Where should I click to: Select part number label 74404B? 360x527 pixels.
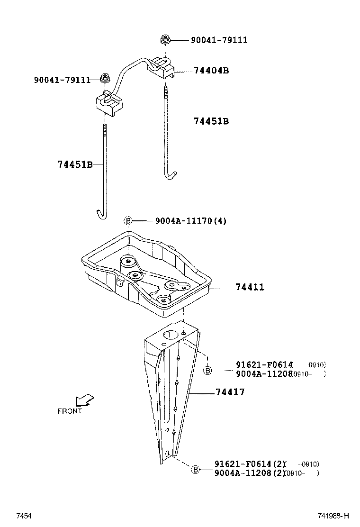click(211, 71)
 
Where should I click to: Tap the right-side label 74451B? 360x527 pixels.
click(211, 121)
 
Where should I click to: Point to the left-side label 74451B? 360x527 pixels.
click(74, 164)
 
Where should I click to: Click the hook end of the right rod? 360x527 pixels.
click(170, 176)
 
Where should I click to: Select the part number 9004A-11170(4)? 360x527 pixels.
click(190, 221)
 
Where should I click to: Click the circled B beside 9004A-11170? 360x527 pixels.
click(128, 221)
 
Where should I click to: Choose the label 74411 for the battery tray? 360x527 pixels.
click(250, 287)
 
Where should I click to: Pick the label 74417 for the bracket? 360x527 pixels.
click(230, 392)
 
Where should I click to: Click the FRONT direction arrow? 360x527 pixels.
click(86, 400)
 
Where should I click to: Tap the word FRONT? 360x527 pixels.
click(70, 411)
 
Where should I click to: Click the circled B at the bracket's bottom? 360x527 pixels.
click(195, 470)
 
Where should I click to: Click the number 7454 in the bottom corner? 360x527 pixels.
click(24, 516)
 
